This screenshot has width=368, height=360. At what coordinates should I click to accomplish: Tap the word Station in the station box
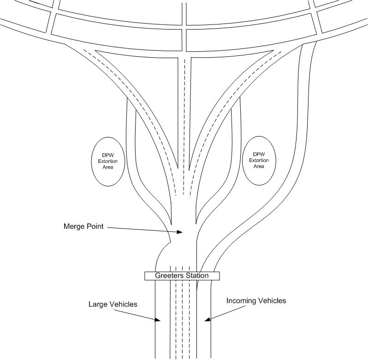pyautogui.click(x=197, y=276)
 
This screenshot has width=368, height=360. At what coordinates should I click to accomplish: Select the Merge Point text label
pyautogui.click(x=83, y=226)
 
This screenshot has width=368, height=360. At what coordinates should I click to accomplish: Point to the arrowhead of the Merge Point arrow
pyautogui.click(x=180, y=232)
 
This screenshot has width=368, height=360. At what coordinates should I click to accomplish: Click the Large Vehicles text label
pyautogui.click(x=113, y=304)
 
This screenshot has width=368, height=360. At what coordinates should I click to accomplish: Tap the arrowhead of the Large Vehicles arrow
pyautogui.click(x=157, y=319)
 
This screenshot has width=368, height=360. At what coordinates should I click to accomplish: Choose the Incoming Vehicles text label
pyautogui.click(x=256, y=301)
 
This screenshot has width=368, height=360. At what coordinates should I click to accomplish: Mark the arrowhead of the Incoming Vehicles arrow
pyautogui.click(x=208, y=319)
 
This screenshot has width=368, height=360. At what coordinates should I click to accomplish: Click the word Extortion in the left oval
pyautogui.click(x=108, y=162)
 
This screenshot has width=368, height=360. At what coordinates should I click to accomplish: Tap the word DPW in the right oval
pyautogui.click(x=259, y=154)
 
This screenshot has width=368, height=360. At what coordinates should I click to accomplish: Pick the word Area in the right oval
pyautogui.click(x=259, y=166)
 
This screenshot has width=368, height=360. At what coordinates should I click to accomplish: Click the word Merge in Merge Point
pyautogui.click(x=74, y=226)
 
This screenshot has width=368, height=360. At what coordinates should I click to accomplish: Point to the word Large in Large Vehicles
pyautogui.click(x=97, y=305)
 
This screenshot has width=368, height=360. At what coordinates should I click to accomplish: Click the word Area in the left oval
pyautogui.click(x=108, y=167)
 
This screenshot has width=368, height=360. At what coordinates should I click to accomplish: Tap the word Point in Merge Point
pyautogui.click(x=95, y=226)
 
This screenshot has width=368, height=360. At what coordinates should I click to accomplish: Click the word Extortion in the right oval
pyautogui.click(x=259, y=161)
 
